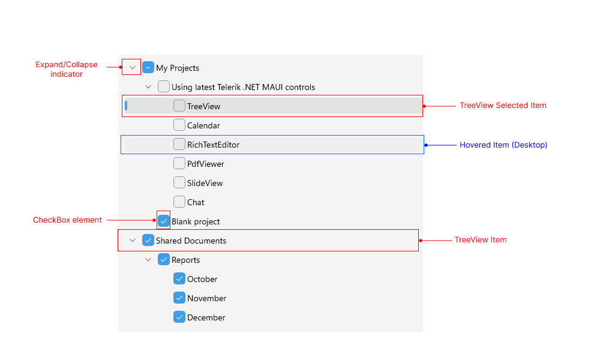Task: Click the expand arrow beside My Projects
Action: [133, 68]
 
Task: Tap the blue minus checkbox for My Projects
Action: [148, 68]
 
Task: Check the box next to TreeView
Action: [179, 106]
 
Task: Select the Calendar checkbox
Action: [179, 125]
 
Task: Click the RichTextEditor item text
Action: [213, 145]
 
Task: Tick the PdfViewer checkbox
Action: [179, 164]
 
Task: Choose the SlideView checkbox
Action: [179, 183]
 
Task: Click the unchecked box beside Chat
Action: [179, 202]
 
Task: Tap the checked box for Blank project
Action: [164, 221]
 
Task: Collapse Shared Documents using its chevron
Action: [133, 241]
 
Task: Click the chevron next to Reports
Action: [148, 260]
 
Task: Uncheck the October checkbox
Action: [179, 279]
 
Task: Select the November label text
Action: [206, 298]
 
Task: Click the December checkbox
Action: [179, 317]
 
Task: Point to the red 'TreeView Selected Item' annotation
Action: [503, 106]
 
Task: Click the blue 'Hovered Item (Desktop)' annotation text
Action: [503, 145]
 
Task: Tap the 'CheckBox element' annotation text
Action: [67, 220]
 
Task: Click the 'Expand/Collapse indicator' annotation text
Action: [66, 70]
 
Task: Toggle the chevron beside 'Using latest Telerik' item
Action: [148, 87]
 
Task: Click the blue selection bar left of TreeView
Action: [126, 106]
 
